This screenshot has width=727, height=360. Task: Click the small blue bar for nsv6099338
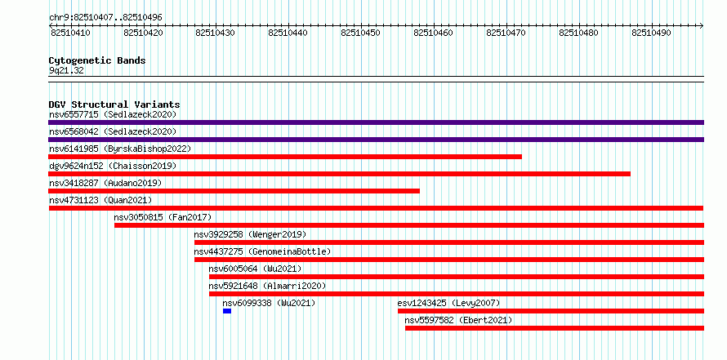click(227, 311)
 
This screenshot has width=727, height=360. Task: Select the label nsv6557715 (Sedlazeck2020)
click(113, 114)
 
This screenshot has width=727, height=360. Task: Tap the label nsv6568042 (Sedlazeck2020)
click(113, 131)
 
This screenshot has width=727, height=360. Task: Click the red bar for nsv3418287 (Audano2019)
click(234, 191)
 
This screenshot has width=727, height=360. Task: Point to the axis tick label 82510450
click(360, 33)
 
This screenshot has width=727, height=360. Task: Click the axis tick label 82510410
click(70, 33)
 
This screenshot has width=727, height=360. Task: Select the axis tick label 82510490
click(651, 33)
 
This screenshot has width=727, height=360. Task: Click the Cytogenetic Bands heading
click(97, 60)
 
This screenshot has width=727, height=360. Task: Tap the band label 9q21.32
click(66, 71)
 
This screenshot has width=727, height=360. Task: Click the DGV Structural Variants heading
click(114, 104)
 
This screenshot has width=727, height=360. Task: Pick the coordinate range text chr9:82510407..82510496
click(105, 18)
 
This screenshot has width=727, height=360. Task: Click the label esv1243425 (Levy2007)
click(448, 303)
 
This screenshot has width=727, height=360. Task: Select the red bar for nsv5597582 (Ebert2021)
click(555, 328)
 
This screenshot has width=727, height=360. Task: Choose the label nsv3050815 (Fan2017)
click(163, 217)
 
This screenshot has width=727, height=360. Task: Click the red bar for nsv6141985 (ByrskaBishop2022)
click(285, 157)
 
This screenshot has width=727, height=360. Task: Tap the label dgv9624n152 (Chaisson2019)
click(113, 166)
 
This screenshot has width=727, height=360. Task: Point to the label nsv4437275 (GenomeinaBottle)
click(262, 251)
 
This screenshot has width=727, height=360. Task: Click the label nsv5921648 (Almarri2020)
click(267, 286)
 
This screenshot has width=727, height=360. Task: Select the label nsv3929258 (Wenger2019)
click(251, 234)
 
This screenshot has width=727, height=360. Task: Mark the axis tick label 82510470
click(506, 33)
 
